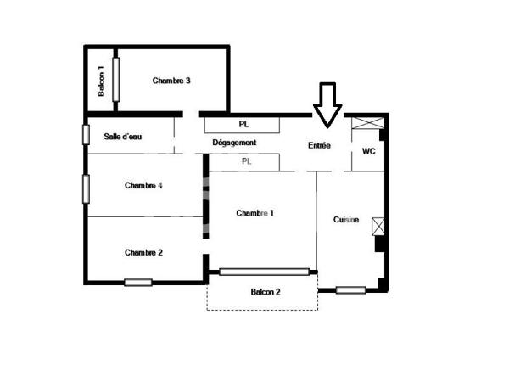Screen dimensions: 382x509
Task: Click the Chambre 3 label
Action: coord(171,81)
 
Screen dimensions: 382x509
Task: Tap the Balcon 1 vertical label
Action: coord(101,80)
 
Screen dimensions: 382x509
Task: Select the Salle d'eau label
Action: coord(122,136)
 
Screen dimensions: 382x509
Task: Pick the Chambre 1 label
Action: coord(255,213)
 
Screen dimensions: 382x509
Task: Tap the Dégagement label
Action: coord(234,143)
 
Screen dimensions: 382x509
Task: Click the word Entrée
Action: coord(319,145)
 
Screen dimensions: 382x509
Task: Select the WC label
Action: coord(368,151)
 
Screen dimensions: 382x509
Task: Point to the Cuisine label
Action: coord(346,220)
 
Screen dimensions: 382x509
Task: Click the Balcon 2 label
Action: coord(266,292)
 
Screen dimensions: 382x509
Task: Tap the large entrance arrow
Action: coord(327,104)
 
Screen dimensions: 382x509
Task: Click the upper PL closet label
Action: coord(243,124)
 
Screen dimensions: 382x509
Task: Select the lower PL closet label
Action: coord(247,160)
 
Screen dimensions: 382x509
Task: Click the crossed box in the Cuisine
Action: coord(378,226)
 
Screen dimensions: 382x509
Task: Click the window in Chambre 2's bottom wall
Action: coord(138,283)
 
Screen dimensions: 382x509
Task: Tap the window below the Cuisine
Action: coord(350,290)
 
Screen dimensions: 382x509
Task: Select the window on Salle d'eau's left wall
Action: coord(86,135)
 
